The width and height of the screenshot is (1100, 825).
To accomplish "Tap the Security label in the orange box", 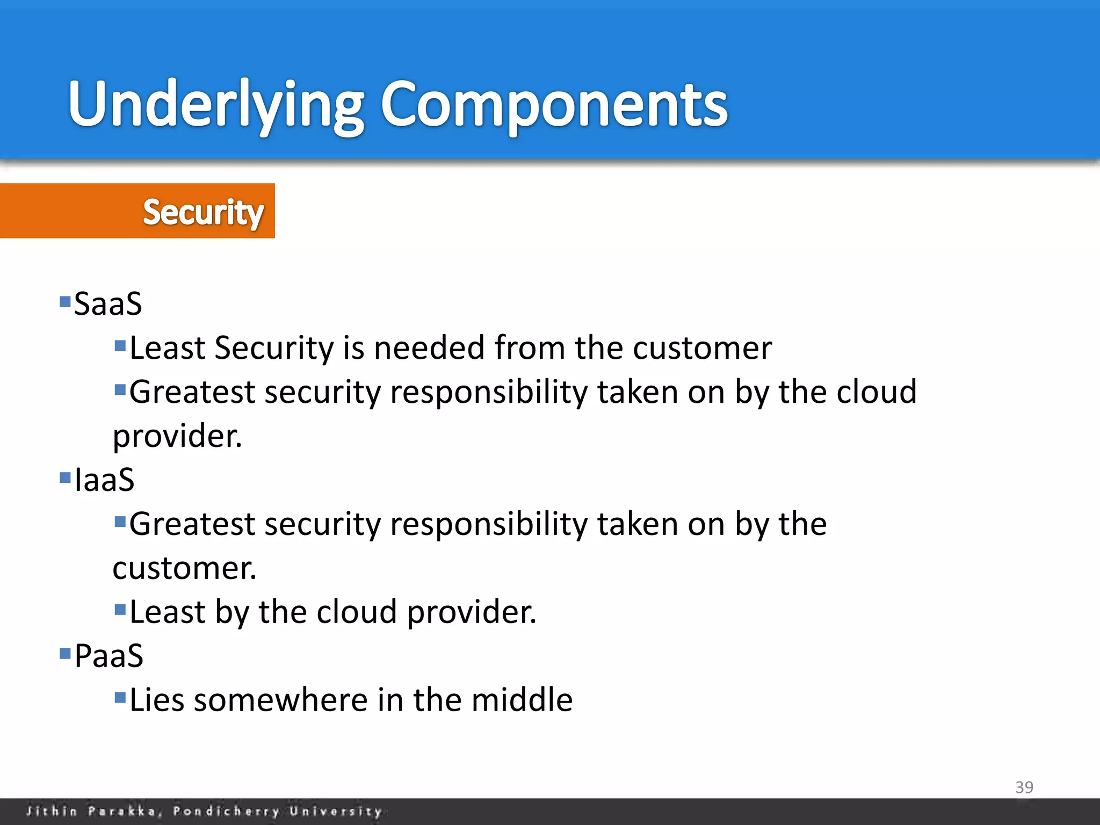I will point(203,212).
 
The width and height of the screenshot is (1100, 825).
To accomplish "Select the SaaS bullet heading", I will point(108,304).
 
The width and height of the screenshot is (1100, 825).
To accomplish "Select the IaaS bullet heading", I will point(104,480).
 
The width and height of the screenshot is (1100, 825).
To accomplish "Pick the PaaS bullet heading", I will point(109,656).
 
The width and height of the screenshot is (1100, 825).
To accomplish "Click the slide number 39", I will point(1024,787).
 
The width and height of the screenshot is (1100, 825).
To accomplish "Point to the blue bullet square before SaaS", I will point(65,301).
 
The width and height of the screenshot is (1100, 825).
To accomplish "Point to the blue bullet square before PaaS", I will point(65,653).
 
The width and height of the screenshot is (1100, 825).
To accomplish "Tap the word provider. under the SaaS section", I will point(177,436).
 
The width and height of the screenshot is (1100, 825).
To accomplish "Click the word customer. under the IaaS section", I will point(184,568).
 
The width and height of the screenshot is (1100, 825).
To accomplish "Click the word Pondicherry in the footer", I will point(226,811).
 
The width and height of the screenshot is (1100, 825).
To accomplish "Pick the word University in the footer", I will point(336,811).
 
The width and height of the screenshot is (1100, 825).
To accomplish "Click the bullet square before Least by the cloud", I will point(120,610).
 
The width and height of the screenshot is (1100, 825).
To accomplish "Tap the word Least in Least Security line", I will point(167,348).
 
